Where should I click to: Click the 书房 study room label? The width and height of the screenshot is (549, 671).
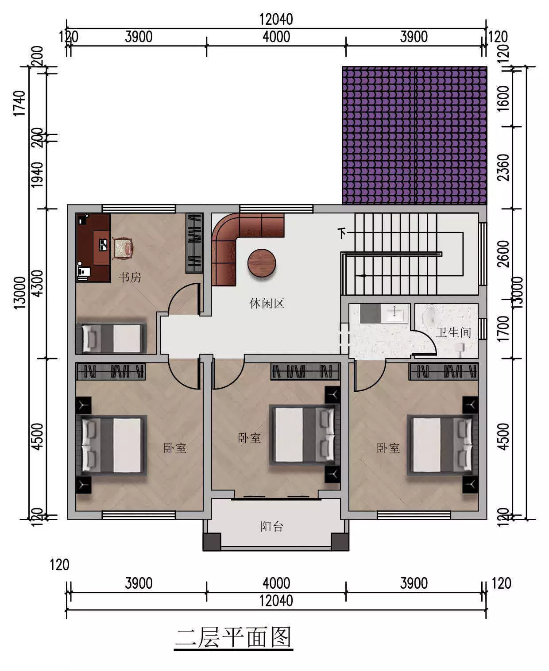pyautogui.click(x=130, y=277)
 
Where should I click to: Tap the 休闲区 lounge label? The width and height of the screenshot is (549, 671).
pyautogui.click(x=267, y=303)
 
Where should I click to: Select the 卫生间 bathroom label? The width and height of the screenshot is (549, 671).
pyautogui.click(x=453, y=332)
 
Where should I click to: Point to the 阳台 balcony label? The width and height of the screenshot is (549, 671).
pyautogui.click(x=272, y=527)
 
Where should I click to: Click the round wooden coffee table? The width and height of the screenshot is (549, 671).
pyautogui.click(x=262, y=263)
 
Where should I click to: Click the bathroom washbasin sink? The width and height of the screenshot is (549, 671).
pyautogui.click(x=394, y=313)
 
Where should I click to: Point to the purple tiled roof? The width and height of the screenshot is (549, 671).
pyautogui.click(x=414, y=135)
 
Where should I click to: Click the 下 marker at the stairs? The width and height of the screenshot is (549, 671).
pyautogui.click(x=342, y=233)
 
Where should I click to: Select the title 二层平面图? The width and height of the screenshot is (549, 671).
pyautogui.click(x=234, y=637)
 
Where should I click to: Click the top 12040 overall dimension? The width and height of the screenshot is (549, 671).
pyautogui.click(x=276, y=19)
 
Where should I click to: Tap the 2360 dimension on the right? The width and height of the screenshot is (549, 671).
pyautogui.click(x=503, y=167)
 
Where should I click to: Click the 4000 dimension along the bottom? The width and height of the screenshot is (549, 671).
pyautogui.click(x=276, y=583)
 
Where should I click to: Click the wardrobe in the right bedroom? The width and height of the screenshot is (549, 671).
pyautogui.click(x=444, y=371)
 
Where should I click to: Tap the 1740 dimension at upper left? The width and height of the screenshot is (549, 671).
pyautogui.click(x=19, y=104)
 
